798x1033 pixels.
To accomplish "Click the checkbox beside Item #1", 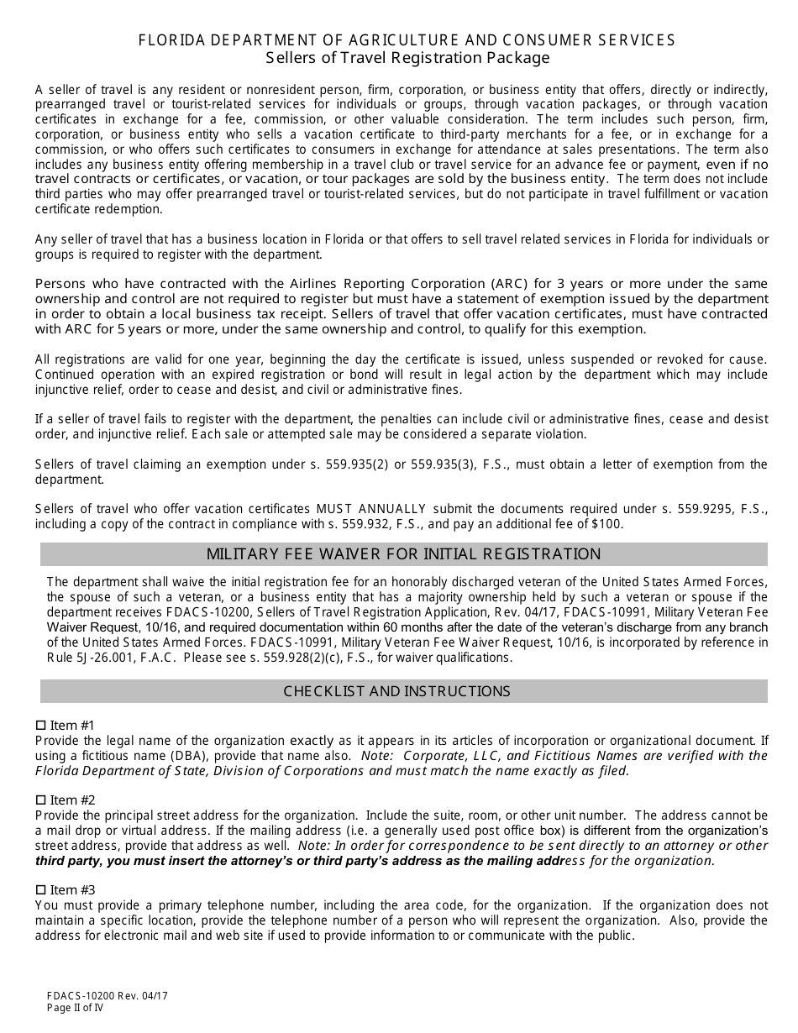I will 40,726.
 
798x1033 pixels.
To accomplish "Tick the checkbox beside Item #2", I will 40,800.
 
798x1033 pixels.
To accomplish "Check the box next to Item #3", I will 40,890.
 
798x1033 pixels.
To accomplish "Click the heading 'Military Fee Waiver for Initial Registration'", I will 403,554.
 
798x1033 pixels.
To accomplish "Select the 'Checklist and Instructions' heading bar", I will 396,691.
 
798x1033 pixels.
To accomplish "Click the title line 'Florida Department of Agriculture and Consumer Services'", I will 406,40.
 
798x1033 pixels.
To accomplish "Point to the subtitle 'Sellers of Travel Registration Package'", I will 407,58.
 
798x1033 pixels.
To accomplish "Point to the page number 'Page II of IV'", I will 76,1008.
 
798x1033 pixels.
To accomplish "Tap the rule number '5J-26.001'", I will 89,658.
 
